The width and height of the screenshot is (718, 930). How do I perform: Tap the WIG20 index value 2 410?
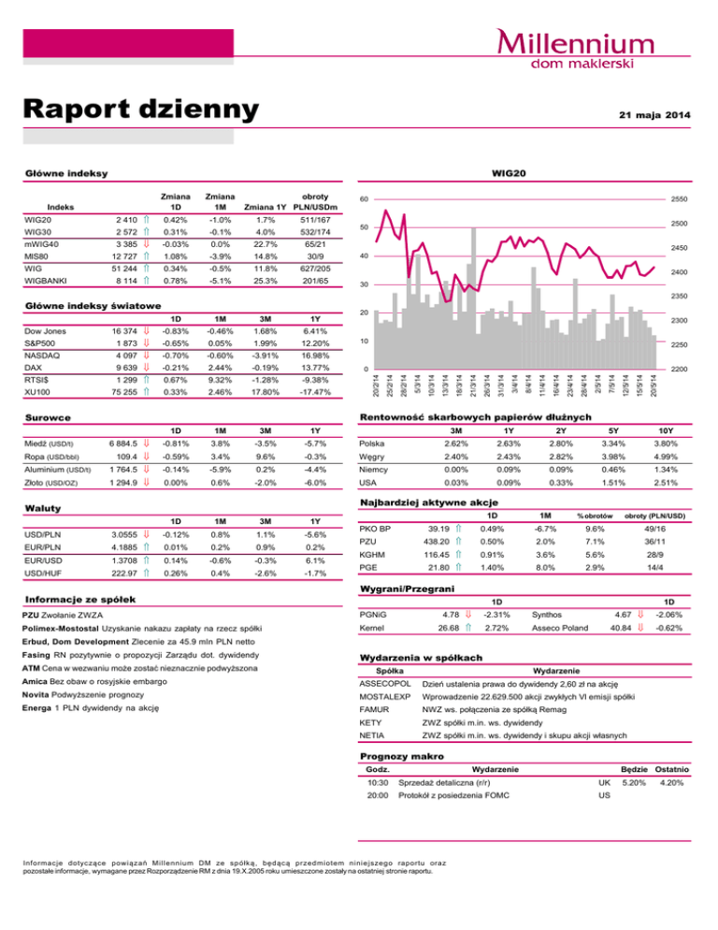(x=125, y=220)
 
